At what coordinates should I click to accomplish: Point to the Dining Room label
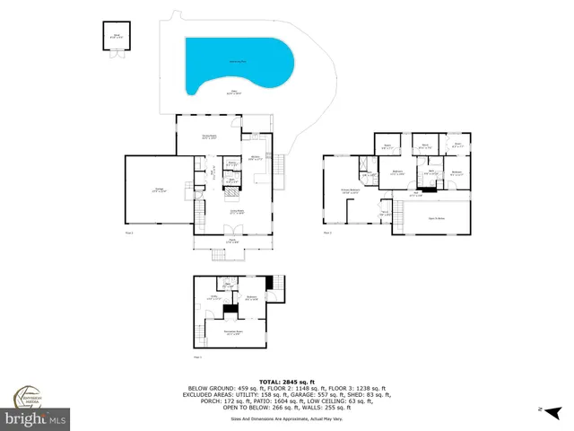click(x=208, y=137)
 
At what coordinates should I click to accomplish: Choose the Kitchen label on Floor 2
click(x=255, y=158)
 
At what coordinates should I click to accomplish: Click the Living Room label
click(x=237, y=212)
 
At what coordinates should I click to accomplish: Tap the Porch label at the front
click(x=231, y=241)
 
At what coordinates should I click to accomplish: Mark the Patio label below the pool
click(x=234, y=92)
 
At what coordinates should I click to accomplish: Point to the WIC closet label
click(x=368, y=175)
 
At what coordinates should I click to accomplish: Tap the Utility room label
click(x=215, y=297)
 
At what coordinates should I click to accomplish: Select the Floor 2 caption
click(x=129, y=233)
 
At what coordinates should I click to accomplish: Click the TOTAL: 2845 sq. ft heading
click(x=287, y=381)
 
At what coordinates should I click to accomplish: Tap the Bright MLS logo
click(x=36, y=419)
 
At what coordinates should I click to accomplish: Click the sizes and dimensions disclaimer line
click(x=287, y=418)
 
